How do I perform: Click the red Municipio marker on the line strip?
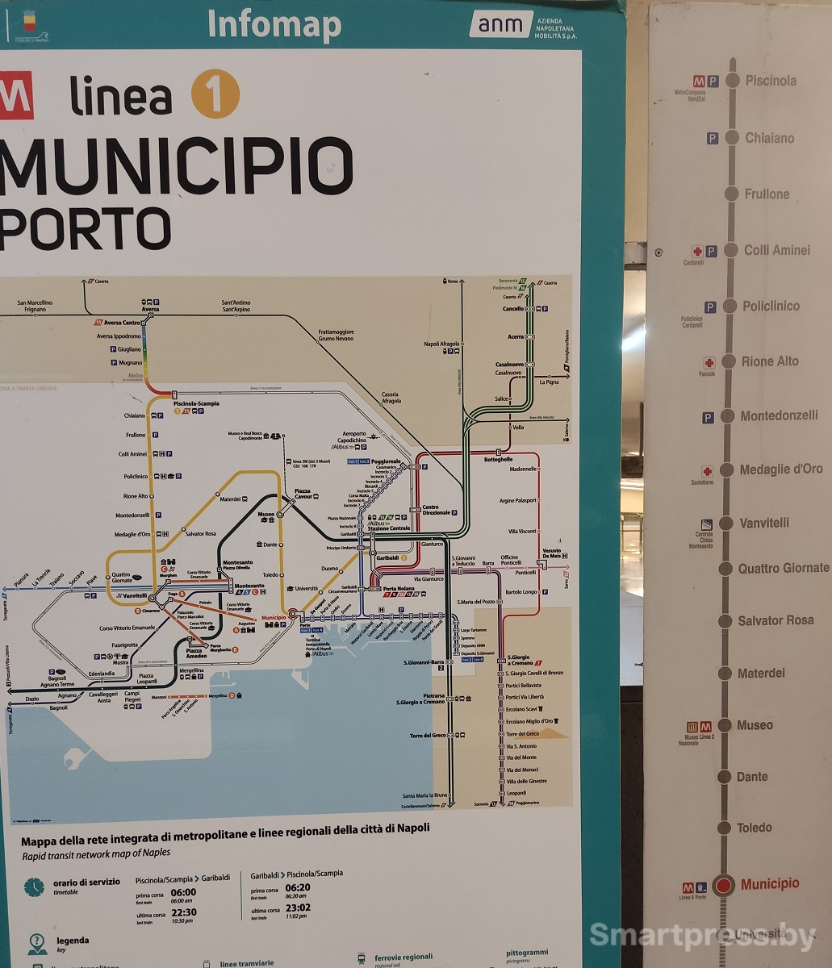pyautogui.click(x=723, y=885)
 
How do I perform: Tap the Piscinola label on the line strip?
pyautogui.click(x=770, y=81)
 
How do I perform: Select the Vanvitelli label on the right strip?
pyautogui.click(x=763, y=523)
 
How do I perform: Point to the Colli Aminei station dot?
pyautogui.click(x=731, y=250)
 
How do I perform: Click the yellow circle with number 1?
pyautogui.click(x=215, y=94)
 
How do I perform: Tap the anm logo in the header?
pyautogui.click(x=500, y=24)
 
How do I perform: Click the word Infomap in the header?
pyautogui.click(x=274, y=25)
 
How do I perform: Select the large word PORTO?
pyautogui.click(x=85, y=229)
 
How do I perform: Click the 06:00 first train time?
pyautogui.click(x=183, y=892)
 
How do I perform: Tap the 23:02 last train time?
pyautogui.click(x=298, y=907)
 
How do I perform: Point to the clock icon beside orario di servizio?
pyautogui.click(x=34, y=887)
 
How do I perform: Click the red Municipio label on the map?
pyautogui.click(x=274, y=618)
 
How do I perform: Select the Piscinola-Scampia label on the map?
pyautogui.click(x=196, y=403)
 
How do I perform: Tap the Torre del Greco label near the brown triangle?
pyautogui.click(x=522, y=734)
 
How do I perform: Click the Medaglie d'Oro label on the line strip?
pyautogui.click(x=780, y=469)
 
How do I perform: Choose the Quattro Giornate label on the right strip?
pyautogui.click(x=783, y=568)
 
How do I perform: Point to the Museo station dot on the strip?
pyautogui.click(x=725, y=725)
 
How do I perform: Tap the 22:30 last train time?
pyautogui.click(x=183, y=912)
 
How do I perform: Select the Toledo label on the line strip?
pyautogui.click(x=754, y=828)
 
